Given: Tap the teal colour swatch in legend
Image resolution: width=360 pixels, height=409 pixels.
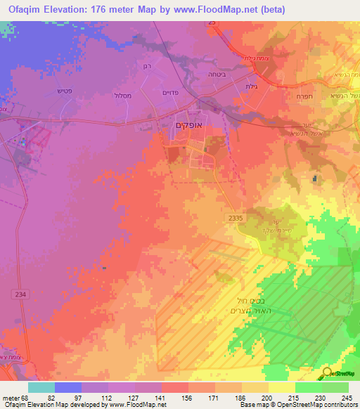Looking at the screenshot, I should [41, 387].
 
